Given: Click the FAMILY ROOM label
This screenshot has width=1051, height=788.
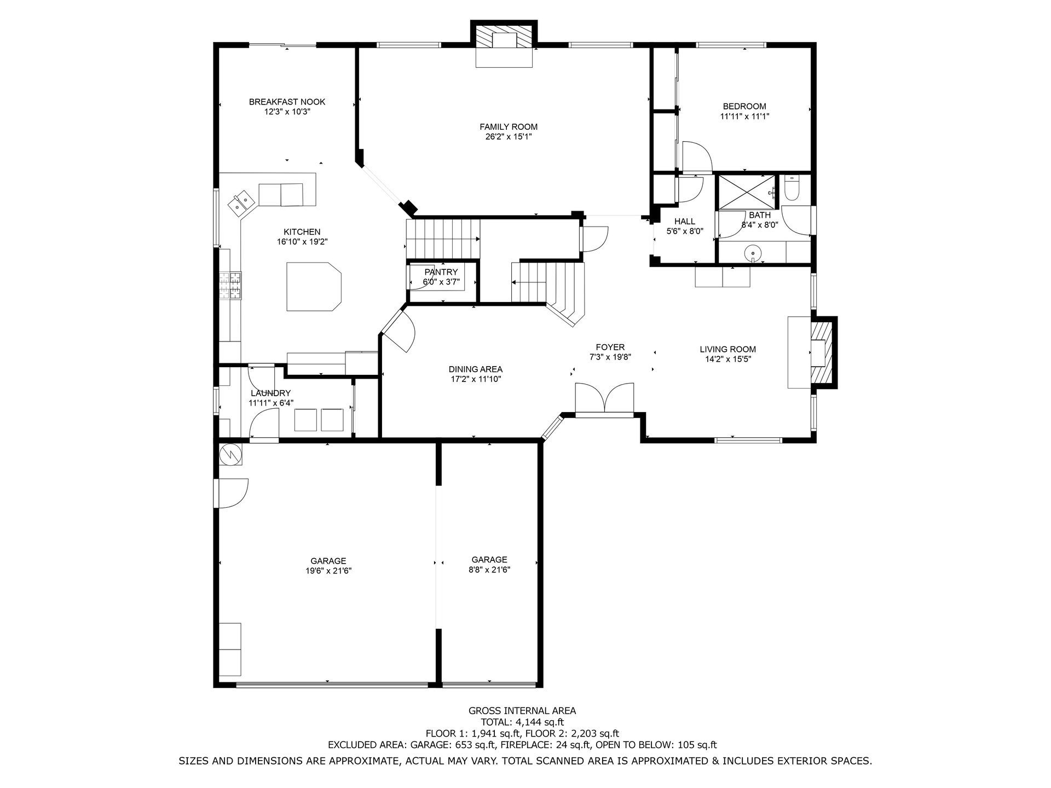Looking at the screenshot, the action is click(509, 127).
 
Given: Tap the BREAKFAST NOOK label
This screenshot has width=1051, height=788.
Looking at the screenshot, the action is click(287, 102).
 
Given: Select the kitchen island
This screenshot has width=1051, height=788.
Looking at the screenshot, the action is click(314, 286).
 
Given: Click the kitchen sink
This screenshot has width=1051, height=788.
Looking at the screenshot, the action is click(241, 202).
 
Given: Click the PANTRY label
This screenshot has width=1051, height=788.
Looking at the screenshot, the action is click(441, 272).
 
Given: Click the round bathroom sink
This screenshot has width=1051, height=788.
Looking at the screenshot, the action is click(754, 253).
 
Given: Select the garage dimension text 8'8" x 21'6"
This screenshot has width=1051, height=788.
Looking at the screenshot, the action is click(489, 570).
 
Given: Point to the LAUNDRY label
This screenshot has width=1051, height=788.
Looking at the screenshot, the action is click(270, 393).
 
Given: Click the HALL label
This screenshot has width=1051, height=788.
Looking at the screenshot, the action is click(685, 221).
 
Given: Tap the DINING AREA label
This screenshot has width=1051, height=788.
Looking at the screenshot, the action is click(475, 369).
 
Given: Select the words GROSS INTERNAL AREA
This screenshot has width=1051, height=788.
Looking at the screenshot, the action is click(522, 711).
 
